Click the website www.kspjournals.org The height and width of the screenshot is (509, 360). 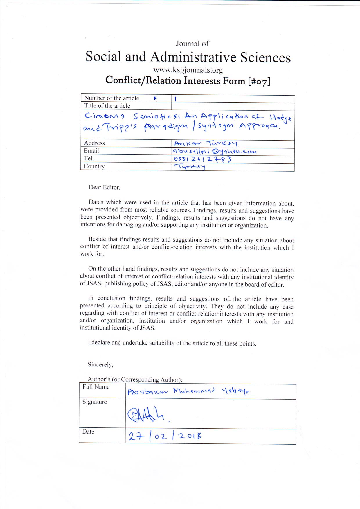pos(188,70)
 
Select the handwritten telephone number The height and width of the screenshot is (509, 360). pos(202,159)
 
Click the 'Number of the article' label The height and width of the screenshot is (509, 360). pos(111,98)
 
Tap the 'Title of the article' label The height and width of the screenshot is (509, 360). pos(107,106)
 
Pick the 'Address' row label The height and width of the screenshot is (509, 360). pos(94,143)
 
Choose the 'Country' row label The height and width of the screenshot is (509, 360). pos(94,166)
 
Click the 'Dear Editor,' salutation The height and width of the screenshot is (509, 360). pos(105,188)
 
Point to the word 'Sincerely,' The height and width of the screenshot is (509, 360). pos(100,365)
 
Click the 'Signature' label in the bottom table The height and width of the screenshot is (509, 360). pos(95,402)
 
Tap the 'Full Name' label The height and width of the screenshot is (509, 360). pos(96,387)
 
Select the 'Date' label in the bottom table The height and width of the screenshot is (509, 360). pos(88,432)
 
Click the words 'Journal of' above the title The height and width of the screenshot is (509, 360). pos(192,44)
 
